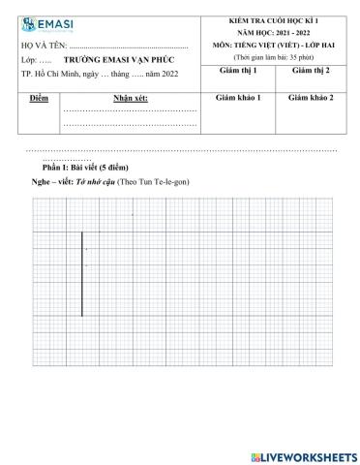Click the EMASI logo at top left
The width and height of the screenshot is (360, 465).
click(x=45, y=24)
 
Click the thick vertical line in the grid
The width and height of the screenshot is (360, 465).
click(x=82, y=274)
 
